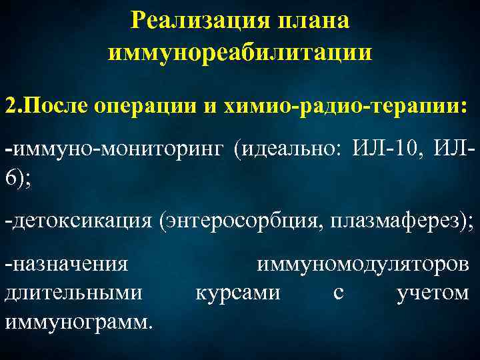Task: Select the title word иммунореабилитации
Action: [240, 51]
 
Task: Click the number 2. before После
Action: [13, 107]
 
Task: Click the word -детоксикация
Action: [78, 220]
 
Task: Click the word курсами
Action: [237, 293]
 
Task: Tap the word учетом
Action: [432, 293]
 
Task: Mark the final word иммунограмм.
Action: [78, 321]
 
